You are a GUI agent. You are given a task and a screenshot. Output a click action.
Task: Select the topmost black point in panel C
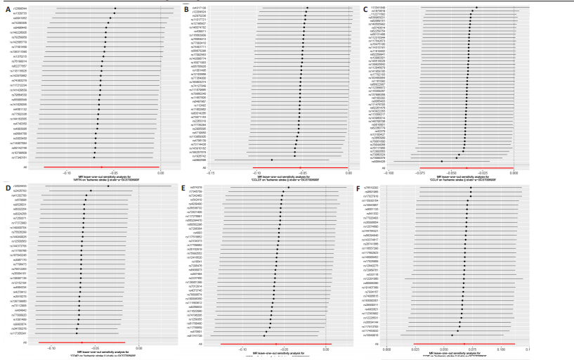[476, 8]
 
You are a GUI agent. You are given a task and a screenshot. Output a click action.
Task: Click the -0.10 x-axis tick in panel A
[67, 172]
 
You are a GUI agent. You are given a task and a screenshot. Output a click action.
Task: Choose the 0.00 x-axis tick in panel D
[138, 349]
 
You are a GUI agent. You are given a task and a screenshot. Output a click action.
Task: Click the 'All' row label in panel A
[25, 167]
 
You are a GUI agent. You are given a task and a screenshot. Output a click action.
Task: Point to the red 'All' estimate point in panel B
[300, 167]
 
